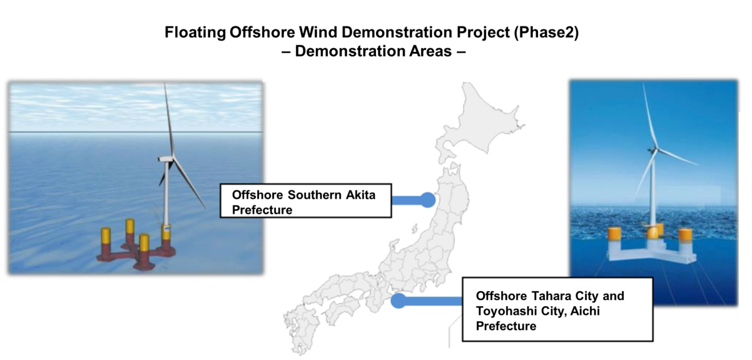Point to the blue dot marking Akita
[428, 199]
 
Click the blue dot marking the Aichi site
[399, 300]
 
